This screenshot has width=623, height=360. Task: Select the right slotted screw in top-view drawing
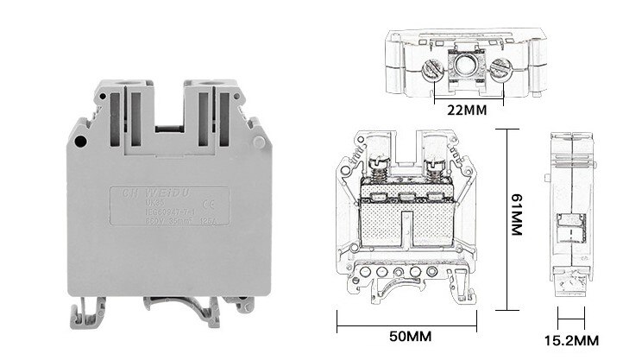click(497, 70)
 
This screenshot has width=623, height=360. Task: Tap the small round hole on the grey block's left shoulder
click(79, 141)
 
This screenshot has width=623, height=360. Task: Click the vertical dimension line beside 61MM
click(504, 221)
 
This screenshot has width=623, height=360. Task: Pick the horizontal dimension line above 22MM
click(466, 96)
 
